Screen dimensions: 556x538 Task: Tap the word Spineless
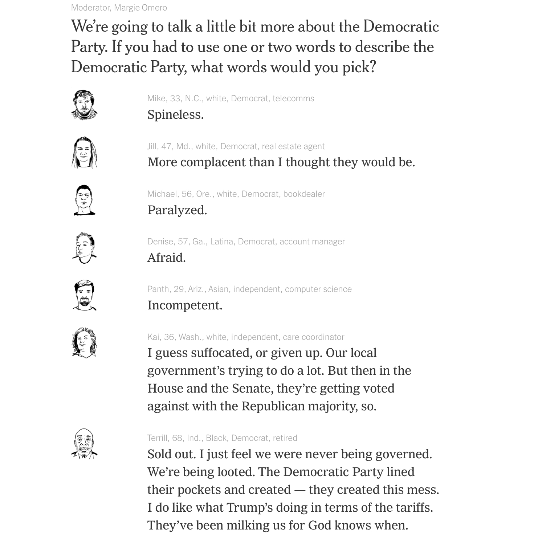coord(175,115)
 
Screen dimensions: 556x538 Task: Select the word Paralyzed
coord(177,210)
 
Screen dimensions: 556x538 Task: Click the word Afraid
coord(166,257)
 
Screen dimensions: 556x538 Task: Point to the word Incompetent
coord(184,305)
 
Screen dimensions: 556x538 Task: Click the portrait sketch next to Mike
coord(84,105)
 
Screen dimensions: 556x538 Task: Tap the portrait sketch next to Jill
coord(84,153)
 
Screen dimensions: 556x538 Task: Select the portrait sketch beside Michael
coord(84,200)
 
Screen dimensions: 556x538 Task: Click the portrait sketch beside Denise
coord(84,248)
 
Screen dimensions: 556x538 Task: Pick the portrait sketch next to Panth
coord(84,295)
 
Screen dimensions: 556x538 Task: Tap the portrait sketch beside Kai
coord(84,343)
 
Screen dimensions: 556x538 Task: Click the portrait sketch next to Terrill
coord(84,444)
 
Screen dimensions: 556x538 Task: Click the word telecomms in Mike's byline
coord(293,98)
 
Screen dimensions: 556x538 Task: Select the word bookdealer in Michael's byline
coord(304,194)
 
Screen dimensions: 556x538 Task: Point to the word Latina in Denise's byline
coord(221,242)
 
